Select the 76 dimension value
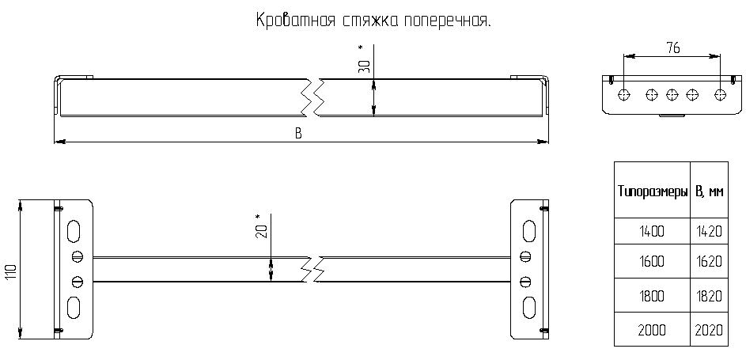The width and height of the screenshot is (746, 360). pos(672,47)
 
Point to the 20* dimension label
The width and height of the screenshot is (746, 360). pos(261,228)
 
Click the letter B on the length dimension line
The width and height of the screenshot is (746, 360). pos(299,133)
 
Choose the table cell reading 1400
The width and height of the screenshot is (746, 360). pos(652,232)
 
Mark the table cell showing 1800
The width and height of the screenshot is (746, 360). pos(652,296)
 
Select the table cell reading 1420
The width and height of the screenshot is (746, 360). pos(709,232)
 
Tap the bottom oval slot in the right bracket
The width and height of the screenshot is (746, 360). pos(529,306)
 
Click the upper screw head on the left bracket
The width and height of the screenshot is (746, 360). pos(77,256)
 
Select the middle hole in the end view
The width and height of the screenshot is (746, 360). pos(672,95)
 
